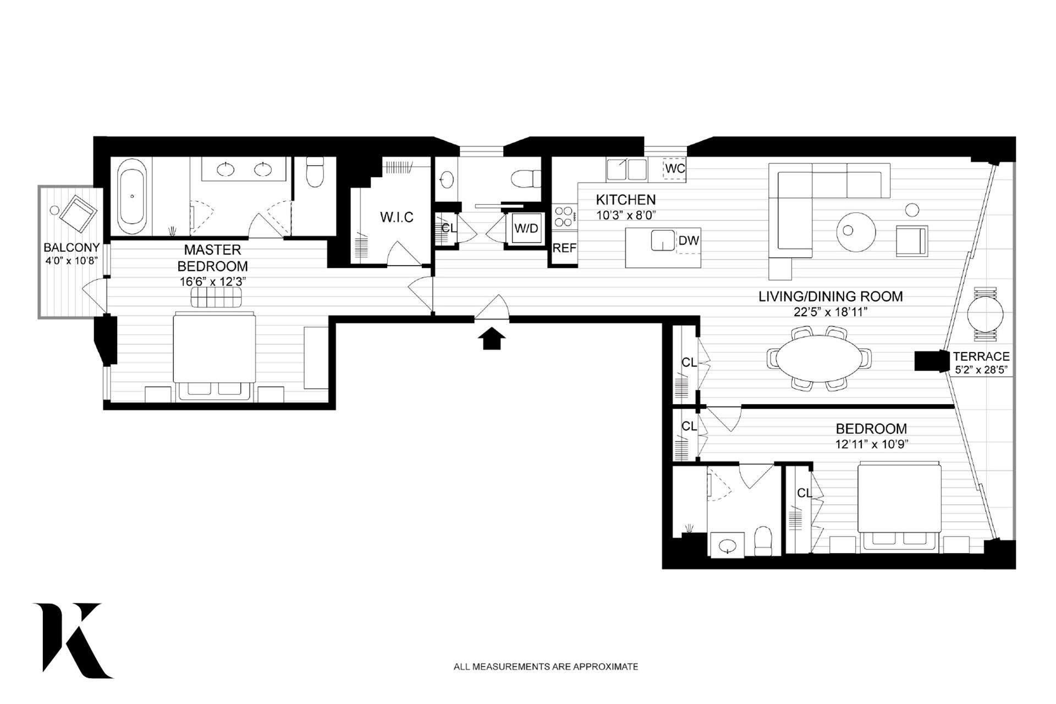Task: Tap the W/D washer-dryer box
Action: click(526, 228)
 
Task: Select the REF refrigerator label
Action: click(564, 248)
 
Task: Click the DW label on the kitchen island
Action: click(689, 240)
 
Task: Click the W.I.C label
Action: click(397, 217)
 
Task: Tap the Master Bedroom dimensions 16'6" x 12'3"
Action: click(212, 282)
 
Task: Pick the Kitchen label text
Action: click(626, 200)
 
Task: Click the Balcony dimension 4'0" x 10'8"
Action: click(71, 260)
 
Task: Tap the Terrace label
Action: click(982, 356)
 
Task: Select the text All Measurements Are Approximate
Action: click(546, 667)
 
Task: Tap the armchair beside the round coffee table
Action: click(912, 241)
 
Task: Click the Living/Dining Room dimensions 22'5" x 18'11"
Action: click(831, 312)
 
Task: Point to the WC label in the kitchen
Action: click(675, 169)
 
